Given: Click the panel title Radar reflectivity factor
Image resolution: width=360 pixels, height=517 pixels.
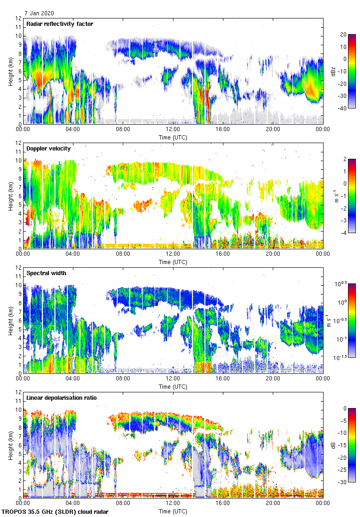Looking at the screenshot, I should (60, 24).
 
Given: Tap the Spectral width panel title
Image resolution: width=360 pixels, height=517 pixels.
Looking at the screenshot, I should (46, 273).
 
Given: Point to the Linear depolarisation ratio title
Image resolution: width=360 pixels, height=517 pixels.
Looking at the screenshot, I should (61, 397).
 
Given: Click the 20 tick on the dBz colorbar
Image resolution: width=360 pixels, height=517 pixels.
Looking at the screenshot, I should (343, 35).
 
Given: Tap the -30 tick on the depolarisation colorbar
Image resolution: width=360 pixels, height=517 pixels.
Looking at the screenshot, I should (344, 482).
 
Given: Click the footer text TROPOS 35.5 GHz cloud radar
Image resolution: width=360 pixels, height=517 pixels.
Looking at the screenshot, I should (56, 512).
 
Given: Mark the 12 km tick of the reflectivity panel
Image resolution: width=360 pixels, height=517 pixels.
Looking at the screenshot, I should (19, 18).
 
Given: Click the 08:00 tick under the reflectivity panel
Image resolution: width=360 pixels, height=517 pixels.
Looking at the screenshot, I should (123, 129).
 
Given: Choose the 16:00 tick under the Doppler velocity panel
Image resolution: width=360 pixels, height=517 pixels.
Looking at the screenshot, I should (222, 254).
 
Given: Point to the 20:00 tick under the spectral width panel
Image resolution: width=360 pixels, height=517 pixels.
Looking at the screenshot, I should (272, 379).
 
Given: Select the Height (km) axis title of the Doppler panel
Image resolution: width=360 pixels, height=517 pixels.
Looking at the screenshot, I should (10, 196).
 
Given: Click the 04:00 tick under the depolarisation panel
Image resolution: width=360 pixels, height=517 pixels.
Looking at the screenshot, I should (73, 503).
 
